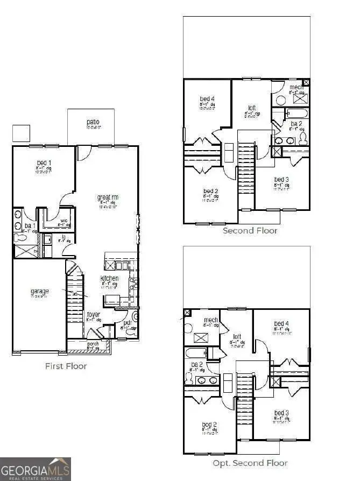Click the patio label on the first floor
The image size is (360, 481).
point(93,122)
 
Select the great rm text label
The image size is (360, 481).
point(108,197)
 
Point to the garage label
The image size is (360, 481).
point(39,291)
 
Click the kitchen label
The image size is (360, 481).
point(109,278)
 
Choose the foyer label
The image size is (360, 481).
point(93,314)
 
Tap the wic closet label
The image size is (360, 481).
point(64,220)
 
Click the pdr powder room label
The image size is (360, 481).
point(127,323)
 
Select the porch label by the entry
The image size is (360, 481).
point(93,344)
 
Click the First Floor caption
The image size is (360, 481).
point(65,366)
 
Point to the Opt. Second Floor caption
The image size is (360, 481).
point(250,463)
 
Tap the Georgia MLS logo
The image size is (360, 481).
point(36,469)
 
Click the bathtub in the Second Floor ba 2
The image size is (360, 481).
point(297,114)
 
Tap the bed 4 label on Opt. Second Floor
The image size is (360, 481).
point(281,323)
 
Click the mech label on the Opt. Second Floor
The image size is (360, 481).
point(210,320)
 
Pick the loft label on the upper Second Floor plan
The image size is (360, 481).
point(251,108)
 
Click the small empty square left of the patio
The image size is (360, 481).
point(21,133)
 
